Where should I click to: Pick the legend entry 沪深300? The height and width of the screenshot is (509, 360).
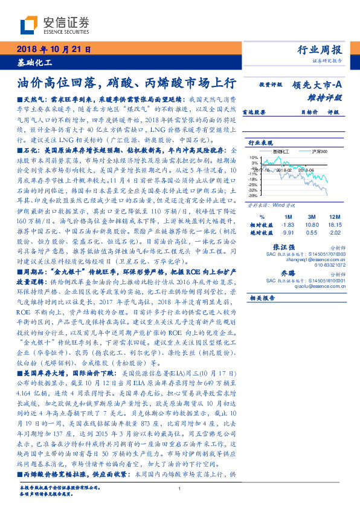coord(318,151)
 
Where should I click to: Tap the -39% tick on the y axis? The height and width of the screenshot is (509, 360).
coord(253,195)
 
